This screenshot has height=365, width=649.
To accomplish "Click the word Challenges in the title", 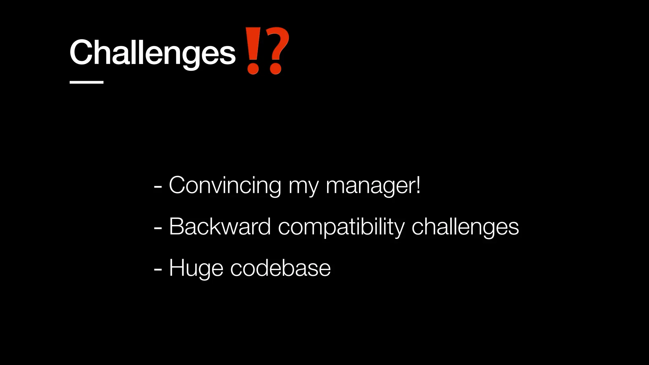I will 152,52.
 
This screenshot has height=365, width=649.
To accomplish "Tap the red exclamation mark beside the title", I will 253,51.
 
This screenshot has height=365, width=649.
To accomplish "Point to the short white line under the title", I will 87,82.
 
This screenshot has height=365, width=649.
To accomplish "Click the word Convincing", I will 225,185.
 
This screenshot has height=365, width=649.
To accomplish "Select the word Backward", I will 220,227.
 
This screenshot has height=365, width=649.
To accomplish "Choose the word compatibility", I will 341,227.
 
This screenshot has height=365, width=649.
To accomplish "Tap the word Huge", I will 196,269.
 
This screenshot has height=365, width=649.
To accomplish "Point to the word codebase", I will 280,268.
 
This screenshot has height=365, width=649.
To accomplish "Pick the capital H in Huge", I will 177,268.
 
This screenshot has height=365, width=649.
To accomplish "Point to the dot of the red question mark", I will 275,69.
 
